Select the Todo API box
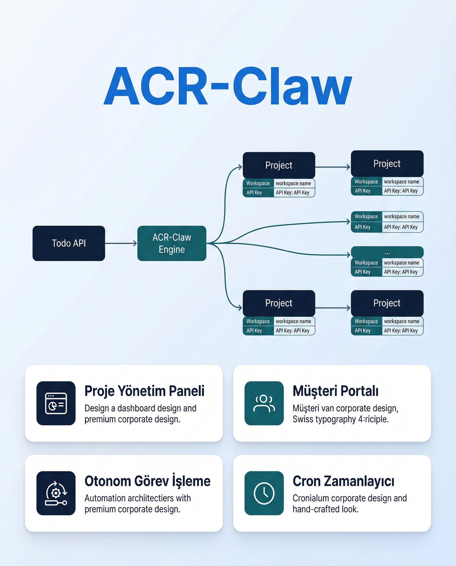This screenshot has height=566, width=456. [69, 243]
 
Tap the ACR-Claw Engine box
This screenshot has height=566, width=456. [171, 243]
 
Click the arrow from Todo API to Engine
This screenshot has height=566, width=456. [121, 243]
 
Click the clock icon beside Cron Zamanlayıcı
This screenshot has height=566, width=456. [264, 493]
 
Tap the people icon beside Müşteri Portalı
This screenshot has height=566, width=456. [264, 403]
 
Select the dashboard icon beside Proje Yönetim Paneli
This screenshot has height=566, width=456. [56, 403]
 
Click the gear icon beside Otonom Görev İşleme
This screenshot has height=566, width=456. [56, 493]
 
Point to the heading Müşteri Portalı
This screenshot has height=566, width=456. [335, 391]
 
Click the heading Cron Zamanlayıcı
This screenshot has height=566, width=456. [343, 481]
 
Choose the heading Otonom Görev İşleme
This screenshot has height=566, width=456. [147, 481]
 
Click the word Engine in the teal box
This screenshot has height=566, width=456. [171, 249]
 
